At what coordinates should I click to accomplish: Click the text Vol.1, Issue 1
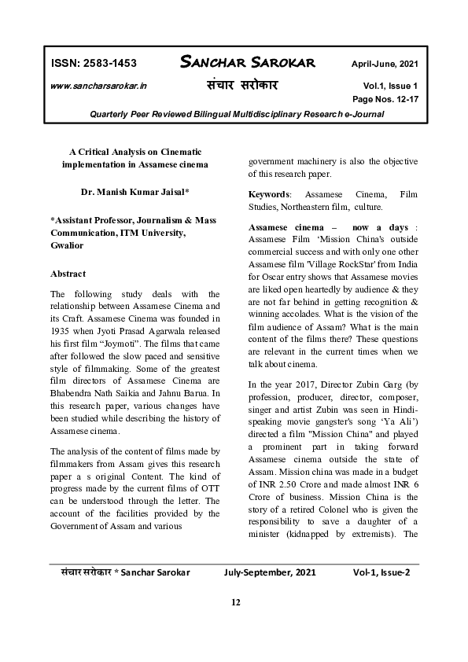[391, 85]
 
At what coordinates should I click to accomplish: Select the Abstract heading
[68, 274]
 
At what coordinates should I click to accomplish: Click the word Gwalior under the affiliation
[67, 245]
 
